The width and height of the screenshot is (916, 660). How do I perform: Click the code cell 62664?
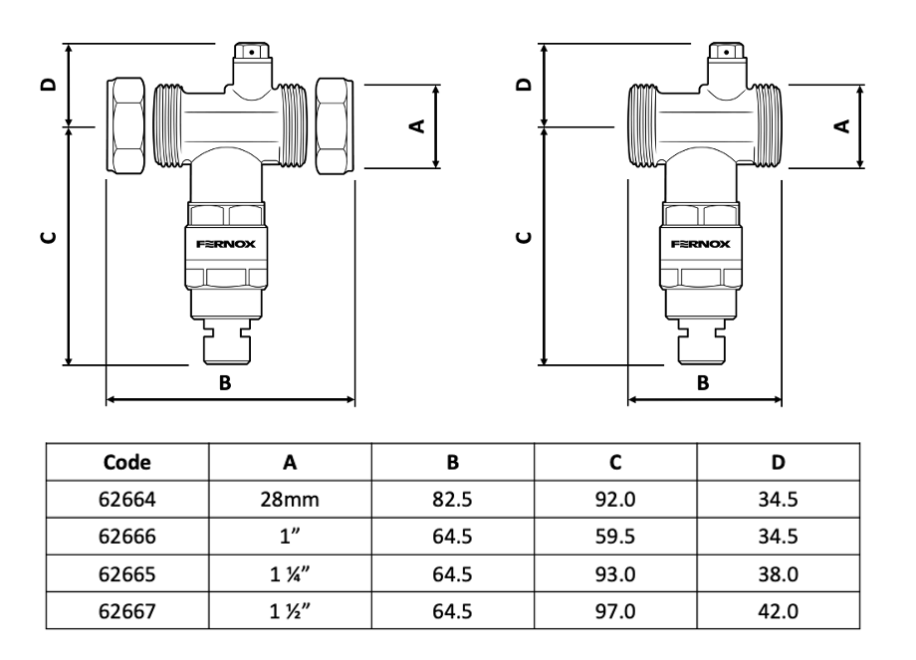tap(126, 500)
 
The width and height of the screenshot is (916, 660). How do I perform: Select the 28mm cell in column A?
tap(290, 500)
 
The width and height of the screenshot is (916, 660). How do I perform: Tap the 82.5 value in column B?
tap(452, 500)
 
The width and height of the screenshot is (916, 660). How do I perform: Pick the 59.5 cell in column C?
tap(615, 537)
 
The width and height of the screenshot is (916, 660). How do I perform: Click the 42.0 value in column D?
tap(778, 611)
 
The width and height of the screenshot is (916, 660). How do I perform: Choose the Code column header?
tap(126, 462)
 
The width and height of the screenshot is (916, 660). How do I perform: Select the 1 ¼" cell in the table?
tap(290, 574)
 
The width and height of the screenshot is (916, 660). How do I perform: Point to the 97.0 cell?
tap(615, 611)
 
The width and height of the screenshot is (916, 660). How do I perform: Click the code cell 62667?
tap(126, 611)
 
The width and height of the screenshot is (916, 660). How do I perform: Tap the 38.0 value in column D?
tap(778, 574)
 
